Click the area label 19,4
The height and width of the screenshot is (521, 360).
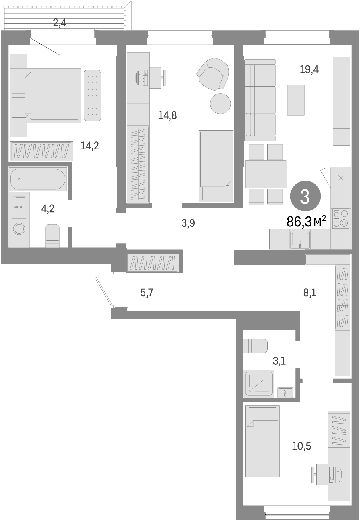[309, 70]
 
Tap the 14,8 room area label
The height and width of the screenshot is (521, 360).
[167, 115]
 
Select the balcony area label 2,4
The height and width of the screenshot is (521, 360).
[60, 22]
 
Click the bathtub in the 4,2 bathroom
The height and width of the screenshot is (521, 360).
[37, 179]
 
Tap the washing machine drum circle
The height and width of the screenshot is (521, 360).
[19, 229]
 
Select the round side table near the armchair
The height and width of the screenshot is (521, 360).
[220, 103]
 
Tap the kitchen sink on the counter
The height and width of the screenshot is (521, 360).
[300, 239]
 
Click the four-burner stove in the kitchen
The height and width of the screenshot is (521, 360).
[340, 218]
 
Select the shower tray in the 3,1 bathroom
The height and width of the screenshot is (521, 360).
[258, 383]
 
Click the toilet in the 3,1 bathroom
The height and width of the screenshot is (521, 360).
[255, 346]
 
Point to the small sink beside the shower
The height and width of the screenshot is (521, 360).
[285, 392]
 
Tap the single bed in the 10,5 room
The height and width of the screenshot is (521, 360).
[262, 441]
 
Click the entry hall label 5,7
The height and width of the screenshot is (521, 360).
[147, 293]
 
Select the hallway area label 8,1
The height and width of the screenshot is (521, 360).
[310, 293]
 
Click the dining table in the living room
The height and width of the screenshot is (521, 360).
[265, 174]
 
